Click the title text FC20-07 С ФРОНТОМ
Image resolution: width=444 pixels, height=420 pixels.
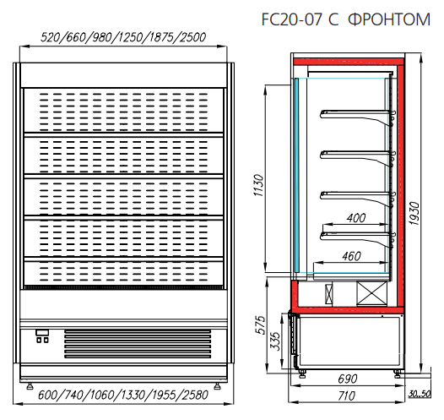tap(346, 19)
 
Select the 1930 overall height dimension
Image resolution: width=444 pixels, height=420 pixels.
tap(414, 213)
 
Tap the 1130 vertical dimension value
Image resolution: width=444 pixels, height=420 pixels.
tap(258, 185)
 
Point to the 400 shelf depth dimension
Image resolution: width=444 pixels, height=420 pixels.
tap(356, 218)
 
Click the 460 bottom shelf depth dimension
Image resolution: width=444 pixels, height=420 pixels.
tap(351, 256)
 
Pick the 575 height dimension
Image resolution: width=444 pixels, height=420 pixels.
tap(261, 325)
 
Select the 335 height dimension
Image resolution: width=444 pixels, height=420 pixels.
tap(275, 341)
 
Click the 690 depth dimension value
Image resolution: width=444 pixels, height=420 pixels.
tap(348, 379)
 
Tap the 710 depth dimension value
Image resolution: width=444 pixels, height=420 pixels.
tap(346, 395)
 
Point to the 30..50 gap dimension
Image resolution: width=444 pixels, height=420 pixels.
tap(420, 394)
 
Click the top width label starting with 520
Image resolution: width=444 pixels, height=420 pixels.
tap(123, 37)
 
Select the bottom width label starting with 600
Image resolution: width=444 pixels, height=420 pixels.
tap(123, 395)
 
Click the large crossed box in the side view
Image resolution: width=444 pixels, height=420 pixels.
tap(371, 293)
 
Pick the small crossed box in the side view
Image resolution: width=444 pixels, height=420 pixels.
tap(328, 293)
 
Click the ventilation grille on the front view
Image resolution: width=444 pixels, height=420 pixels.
tap(138, 344)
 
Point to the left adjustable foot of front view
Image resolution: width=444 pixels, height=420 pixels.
tap(30, 386)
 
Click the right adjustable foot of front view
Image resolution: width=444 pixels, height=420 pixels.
tap(217, 386)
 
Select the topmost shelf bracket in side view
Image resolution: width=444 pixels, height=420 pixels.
tap(358, 117)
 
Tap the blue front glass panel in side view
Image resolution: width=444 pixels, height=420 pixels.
tap(296, 175)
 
